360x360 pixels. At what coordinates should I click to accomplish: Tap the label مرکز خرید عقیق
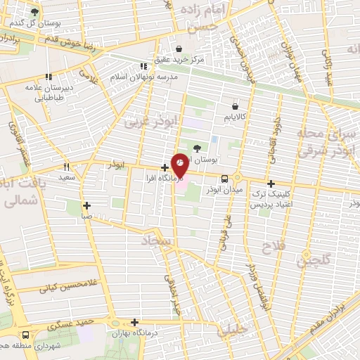(180, 60)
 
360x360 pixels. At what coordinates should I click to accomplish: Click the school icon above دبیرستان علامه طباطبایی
(49, 77)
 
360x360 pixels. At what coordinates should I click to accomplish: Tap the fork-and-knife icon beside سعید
(67, 167)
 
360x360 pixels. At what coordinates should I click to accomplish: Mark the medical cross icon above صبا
(86, 206)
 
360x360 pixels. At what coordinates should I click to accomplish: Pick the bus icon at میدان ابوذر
(224, 179)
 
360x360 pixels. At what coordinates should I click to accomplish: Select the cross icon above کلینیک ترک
(270, 183)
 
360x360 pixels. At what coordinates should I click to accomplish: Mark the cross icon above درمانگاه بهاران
(135, 322)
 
